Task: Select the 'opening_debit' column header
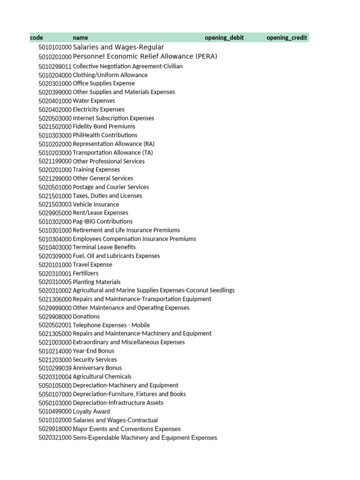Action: click(224, 37)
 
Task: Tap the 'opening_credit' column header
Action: click(287, 37)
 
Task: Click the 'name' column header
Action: click(80, 37)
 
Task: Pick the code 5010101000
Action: click(55, 47)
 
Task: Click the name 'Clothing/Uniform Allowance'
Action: click(110, 75)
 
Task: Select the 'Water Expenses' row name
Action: click(94, 101)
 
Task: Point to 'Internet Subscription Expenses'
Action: click(113, 118)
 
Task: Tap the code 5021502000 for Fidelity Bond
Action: click(55, 127)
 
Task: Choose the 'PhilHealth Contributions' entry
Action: click(105, 135)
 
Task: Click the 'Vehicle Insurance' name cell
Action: click(96, 204)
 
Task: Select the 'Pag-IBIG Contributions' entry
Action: click(103, 221)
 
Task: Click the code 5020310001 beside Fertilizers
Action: click(55, 273)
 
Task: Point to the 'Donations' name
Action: click(86, 316)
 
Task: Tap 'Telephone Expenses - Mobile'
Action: click(112, 325)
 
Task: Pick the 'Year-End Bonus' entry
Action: click(93, 351)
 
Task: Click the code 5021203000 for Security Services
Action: click(55, 360)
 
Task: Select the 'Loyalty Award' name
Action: click(91, 411)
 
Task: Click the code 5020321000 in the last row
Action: click(55, 437)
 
